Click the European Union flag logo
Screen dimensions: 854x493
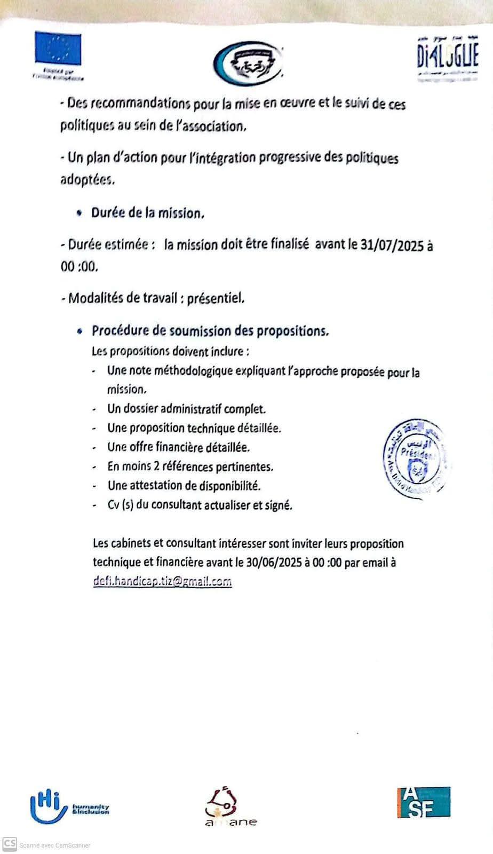[58, 49]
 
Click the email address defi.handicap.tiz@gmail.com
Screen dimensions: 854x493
[162, 581]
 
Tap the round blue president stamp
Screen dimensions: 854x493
[415, 459]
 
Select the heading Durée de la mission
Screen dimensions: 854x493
[148, 213]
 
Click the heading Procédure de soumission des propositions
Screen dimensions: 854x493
[210, 331]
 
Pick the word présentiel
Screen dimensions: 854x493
[216, 298]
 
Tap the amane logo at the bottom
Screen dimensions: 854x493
[229, 808]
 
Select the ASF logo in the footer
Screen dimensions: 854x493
[424, 803]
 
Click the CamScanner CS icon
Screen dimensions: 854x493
[10, 844]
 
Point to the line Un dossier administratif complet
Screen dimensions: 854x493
[186, 409]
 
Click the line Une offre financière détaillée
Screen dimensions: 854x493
[178, 447]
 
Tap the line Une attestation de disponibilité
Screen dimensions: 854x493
[184, 486]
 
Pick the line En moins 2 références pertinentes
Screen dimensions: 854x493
[190, 466]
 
